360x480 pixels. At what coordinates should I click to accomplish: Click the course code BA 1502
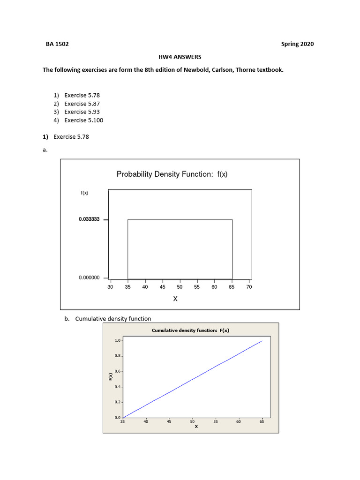tap(57, 44)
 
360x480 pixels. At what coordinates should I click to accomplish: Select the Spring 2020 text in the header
tap(297, 44)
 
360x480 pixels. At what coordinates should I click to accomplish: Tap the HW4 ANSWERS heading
tap(180, 57)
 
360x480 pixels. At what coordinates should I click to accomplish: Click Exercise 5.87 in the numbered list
tap(82, 104)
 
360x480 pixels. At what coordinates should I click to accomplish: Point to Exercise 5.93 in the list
tap(82, 112)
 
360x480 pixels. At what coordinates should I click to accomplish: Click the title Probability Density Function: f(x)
tap(172, 174)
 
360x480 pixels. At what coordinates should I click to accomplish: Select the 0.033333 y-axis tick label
tap(89, 219)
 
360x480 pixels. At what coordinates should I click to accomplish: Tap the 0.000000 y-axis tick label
tap(89, 278)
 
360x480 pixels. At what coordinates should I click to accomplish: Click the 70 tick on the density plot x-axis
tap(249, 286)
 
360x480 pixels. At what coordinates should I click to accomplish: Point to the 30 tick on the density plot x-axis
tap(110, 286)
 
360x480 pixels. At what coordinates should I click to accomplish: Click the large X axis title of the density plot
tap(175, 299)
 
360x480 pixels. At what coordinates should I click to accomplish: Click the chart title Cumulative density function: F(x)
tap(190, 330)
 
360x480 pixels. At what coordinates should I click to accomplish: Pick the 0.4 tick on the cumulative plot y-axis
tap(117, 387)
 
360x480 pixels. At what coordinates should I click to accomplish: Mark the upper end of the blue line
tap(262, 341)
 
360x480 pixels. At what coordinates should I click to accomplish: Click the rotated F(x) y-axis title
tap(110, 376)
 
